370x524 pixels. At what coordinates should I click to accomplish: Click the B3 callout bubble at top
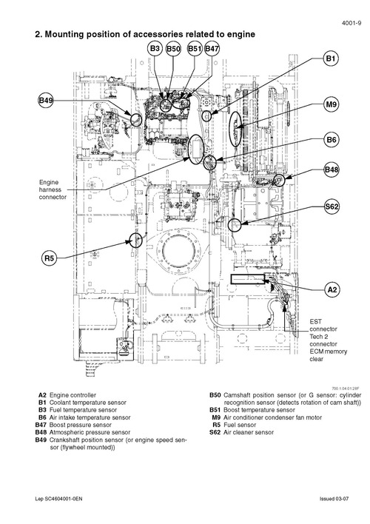[x=155, y=48]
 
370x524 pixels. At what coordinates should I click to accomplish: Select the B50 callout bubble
[x=173, y=48]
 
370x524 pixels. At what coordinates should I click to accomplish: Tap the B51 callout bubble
[x=194, y=48]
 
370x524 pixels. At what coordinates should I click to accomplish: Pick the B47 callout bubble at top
[x=212, y=48]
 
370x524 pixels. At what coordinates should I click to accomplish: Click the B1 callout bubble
[x=332, y=58]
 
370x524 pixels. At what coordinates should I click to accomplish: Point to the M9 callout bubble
[x=332, y=105]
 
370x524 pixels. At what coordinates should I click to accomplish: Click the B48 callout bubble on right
[x=332, y=171]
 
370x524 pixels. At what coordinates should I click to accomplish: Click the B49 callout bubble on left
[x=46, y=100]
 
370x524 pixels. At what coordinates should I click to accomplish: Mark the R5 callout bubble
[x=50, y=258]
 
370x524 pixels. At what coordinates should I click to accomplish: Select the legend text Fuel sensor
[x=240, y=426]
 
